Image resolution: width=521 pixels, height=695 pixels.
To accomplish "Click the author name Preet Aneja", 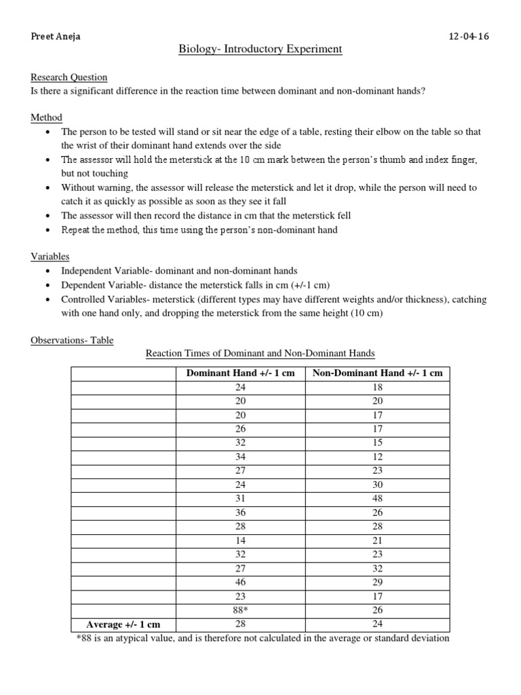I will pos(56,37).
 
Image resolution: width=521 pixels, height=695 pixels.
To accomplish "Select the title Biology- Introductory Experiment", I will pos(260,50).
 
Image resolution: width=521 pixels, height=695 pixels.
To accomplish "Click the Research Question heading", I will pos(69,77).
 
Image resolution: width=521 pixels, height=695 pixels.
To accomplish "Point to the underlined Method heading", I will pos(46,117).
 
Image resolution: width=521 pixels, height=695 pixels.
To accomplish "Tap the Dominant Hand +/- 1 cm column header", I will pos(240,373).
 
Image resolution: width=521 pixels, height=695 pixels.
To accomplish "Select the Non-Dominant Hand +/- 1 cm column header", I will pos(377,373).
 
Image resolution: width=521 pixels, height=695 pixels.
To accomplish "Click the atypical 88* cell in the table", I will pos(240,610).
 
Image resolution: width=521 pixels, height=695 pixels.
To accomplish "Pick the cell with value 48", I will pos(377,499).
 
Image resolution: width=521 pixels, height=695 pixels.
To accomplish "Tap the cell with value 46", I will pos(240,582).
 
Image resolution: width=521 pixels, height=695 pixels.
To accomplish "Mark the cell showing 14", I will pos(240,540).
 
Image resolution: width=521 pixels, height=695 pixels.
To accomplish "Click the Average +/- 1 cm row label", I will pos(123,624).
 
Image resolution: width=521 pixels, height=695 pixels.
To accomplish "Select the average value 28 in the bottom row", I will pos(240,624).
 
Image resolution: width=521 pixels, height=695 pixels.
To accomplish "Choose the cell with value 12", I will pos(377,457).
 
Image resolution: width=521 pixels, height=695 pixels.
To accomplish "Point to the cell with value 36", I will pos(240,512).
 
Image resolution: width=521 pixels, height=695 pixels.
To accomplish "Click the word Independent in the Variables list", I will pos(88,271).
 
